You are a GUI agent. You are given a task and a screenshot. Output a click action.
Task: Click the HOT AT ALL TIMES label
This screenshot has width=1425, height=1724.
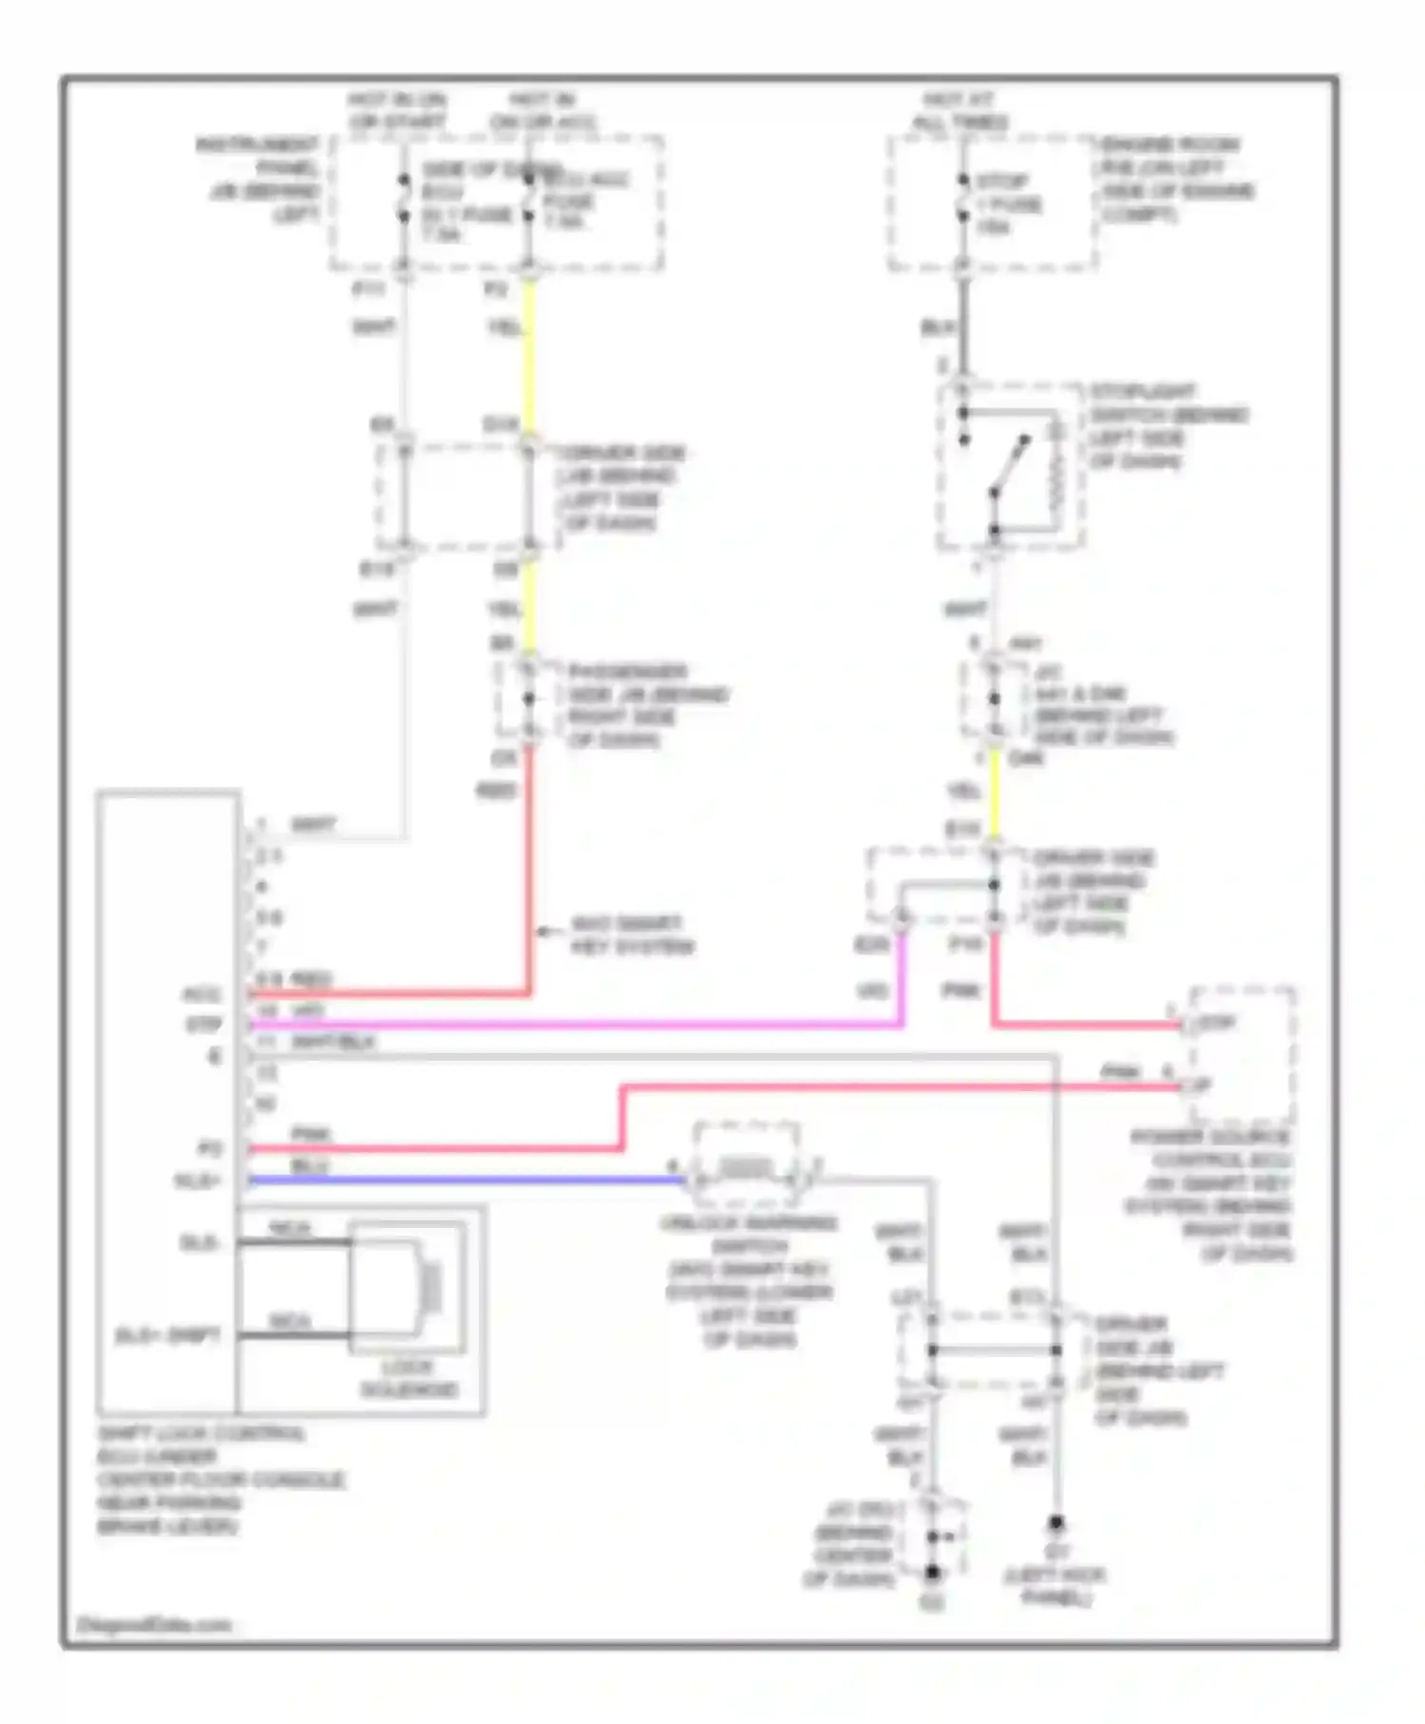pos(959,111)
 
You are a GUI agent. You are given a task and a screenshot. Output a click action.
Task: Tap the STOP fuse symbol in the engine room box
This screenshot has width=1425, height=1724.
pos(962,199)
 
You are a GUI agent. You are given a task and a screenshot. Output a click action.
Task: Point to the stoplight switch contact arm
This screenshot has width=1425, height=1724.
pos(1009,467)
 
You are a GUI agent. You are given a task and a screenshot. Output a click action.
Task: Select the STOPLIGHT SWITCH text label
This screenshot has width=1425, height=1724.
pos(1168,426)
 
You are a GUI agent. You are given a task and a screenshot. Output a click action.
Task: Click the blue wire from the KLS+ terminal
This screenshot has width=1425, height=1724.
pos(465,1180)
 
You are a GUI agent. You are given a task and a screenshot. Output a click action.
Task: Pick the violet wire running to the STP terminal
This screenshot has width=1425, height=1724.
pos(570,1025)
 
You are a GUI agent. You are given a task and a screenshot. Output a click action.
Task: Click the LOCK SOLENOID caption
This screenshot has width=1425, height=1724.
pos(408,1378)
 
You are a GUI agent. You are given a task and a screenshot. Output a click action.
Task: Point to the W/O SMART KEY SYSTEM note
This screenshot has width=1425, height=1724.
pos(633,935)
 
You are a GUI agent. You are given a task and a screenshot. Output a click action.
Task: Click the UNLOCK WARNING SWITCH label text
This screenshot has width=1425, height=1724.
pos(749,1280)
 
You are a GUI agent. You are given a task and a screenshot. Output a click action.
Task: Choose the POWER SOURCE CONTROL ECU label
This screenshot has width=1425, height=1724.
pos(1208,1195)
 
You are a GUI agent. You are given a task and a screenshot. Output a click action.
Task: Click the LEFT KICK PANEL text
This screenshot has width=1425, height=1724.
pos(1055,1587)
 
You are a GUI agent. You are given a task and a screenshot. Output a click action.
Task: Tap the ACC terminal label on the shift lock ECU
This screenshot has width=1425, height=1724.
pos(200,995)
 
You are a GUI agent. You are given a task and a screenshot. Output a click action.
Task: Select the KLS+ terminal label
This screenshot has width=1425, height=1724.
pos(197,1180)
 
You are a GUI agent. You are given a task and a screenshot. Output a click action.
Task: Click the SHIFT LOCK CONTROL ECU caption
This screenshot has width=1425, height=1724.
pos(219,1480)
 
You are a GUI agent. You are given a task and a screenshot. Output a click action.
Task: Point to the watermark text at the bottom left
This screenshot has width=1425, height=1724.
pos(153,1625)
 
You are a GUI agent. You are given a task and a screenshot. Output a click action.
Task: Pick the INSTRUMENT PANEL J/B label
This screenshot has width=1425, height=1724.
pos(258,180)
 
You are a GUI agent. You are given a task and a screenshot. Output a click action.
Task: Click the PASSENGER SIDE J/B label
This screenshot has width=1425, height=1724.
pos(647,705)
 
